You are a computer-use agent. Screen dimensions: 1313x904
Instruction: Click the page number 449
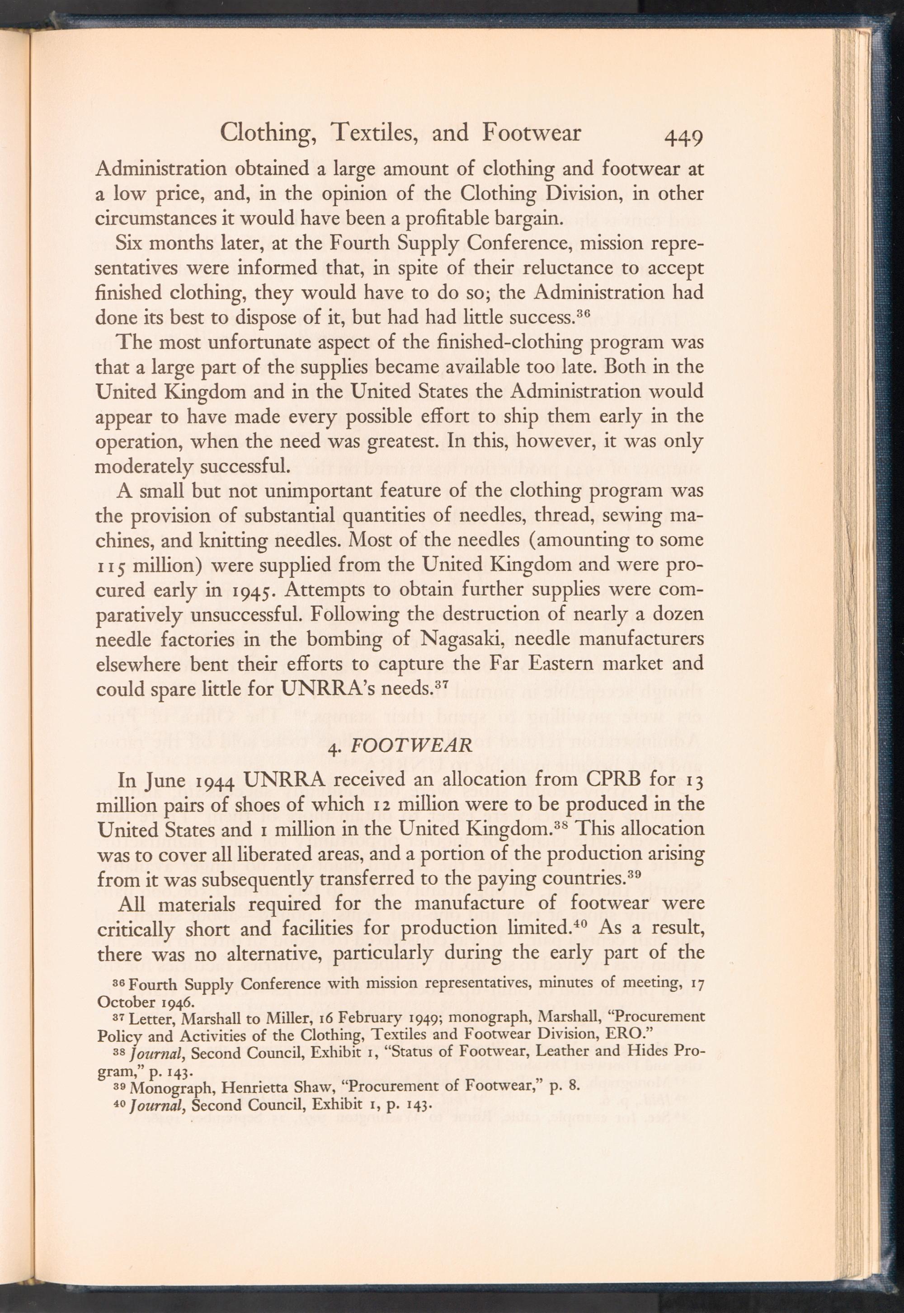coord(684,138)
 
